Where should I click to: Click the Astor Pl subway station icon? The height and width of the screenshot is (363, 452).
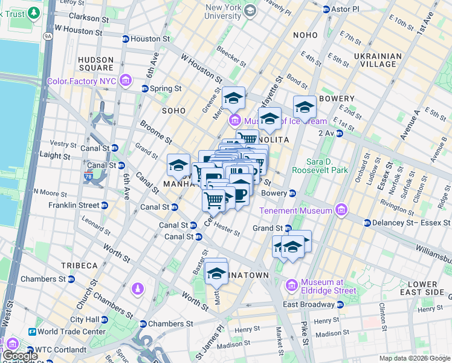326,10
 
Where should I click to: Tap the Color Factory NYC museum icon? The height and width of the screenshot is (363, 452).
126,80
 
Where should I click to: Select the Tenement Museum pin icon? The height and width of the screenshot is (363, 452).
342,211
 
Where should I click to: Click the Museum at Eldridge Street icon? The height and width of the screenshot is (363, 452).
292,284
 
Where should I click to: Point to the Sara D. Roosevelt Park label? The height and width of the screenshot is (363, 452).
319,166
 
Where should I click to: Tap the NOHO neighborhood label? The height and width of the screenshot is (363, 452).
305,35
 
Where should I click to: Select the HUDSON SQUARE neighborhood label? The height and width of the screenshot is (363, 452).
95,65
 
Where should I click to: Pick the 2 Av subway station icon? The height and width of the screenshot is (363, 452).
340,132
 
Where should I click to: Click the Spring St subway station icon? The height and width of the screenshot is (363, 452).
145,88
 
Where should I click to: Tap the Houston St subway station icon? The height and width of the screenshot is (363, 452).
125,39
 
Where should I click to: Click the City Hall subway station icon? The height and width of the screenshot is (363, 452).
108,319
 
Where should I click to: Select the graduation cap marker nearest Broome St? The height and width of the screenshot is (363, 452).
178,165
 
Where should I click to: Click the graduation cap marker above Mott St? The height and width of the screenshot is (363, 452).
216,272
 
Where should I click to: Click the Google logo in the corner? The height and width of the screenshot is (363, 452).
19,356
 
